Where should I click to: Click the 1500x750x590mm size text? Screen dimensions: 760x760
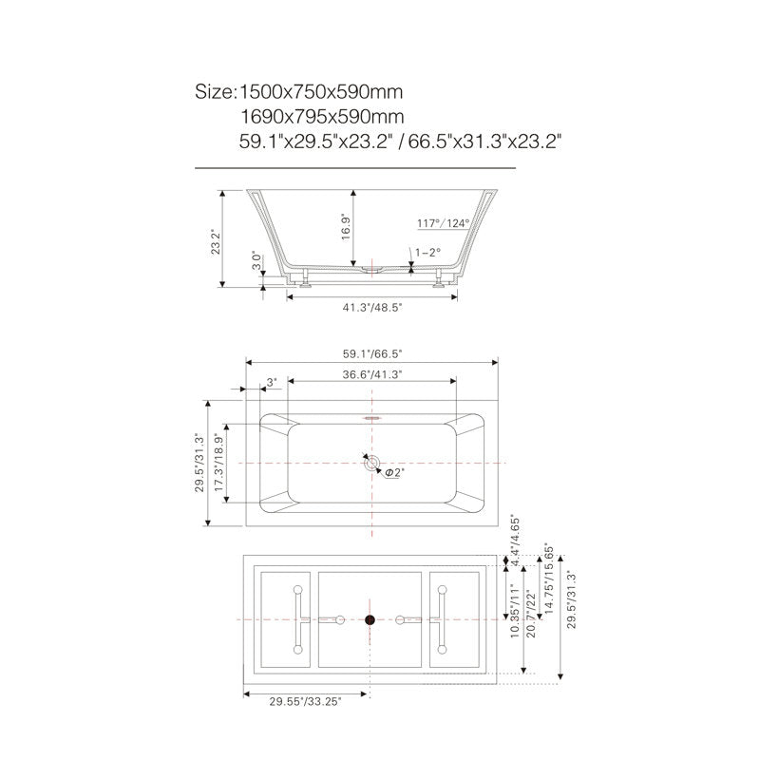[x=321, y=91]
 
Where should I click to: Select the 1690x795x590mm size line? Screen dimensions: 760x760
[x=322, y=117]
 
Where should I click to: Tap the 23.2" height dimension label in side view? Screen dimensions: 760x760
[x=216, y=241]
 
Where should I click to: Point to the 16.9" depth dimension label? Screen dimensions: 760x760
[x=346, y=227]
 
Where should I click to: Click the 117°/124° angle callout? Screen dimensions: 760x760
[x=444, y=223]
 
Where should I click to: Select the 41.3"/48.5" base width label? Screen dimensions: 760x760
[x=372, y=307]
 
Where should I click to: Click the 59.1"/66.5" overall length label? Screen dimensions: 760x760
[x=372, y=353]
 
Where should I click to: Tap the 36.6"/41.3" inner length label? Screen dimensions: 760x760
[x=372, y=374]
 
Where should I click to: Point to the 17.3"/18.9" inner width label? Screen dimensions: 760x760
[x=219, y=462]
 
